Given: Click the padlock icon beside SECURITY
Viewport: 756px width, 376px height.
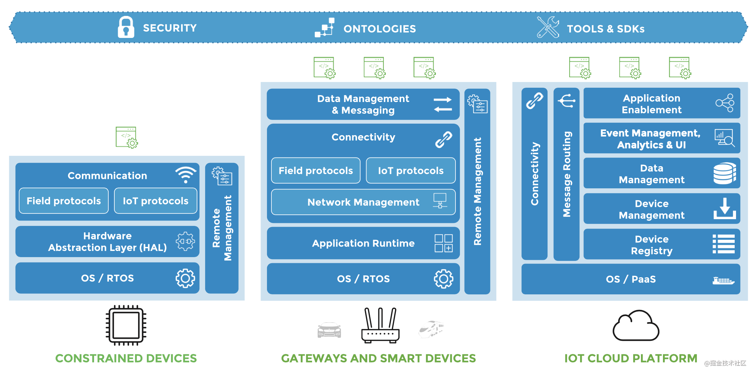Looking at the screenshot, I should [x=126, y=27].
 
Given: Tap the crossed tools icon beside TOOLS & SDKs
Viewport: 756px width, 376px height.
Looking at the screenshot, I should [x=548, y=27].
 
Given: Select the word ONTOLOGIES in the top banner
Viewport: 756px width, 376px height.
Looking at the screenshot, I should [x=380, y=29].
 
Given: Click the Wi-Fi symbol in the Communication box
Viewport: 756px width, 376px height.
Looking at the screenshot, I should [x=185, y=174].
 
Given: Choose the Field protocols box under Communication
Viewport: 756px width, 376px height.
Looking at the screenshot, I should [x=64, y=201].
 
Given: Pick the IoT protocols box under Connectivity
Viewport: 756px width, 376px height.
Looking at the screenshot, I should [x=410, y=170].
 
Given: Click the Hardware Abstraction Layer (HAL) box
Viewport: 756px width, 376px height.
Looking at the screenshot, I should [x=107, y=242].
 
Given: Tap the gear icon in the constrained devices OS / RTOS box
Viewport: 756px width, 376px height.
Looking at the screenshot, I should [x=185, y=278].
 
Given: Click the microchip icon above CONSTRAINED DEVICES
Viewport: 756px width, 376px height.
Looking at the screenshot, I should [x=126, y=325].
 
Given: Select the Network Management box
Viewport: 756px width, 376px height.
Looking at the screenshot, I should [x=363, y=202].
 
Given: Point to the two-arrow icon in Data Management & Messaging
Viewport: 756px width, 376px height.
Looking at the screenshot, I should [x=443, y=104].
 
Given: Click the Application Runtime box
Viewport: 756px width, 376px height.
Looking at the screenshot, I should [x=363, y=243].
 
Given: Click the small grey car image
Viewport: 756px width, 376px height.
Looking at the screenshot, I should [x=329, y=330].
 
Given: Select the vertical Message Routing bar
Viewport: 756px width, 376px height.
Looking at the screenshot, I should [x=566, y=174].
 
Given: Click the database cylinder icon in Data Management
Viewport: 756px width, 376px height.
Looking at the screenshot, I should [x=725, y=173].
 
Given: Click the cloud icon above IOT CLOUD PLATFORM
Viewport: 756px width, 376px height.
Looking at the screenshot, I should [x=636, y=326].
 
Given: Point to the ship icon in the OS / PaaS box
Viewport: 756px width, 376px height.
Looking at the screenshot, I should [x=723, y=280].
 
